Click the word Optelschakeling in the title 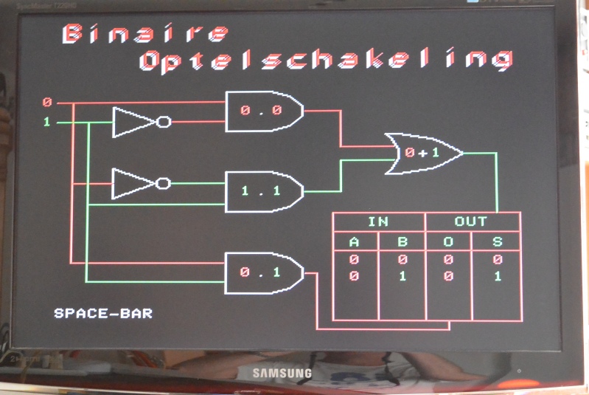coord(325,60)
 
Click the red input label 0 coord(47,102)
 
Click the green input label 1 coord(47,122)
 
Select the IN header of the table coord(378,221)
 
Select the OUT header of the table coord(472,221)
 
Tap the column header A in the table coord(355,242)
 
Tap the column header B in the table coord(402,242)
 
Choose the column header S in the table coord(497,242)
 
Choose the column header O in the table coord(449,242)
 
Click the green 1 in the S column coord(498,276)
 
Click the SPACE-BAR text coord(103,314)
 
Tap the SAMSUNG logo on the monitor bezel coord(282,373)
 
